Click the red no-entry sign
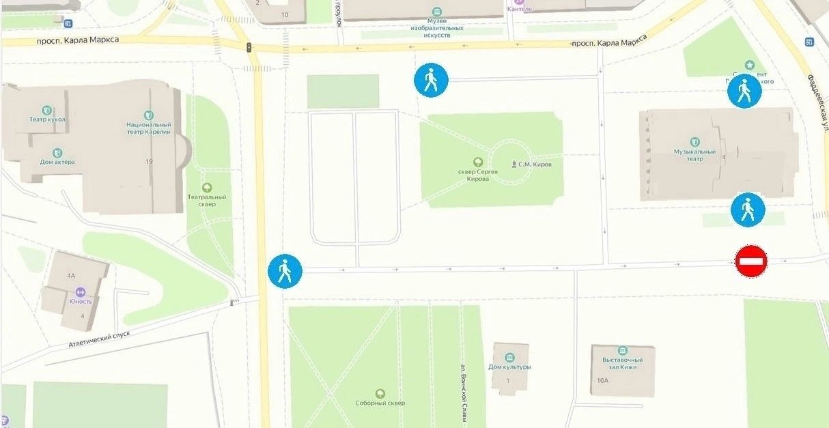coord(751,261)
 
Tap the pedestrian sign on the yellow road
coord(285,271)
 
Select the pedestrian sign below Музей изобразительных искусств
coord(431,81)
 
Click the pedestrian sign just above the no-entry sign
coord(748,210)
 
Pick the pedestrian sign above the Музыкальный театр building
coord(744,91)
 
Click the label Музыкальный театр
coord(694,155)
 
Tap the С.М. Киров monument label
coord(534,165)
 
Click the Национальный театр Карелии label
coord(148,129)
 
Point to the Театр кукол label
coord(47,119)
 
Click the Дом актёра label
coord(57,162)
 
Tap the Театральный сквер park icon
coord(206,188)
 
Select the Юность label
coord(81,301)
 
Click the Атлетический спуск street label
coord(99,339)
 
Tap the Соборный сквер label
coord(380,403)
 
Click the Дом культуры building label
coord(510,367)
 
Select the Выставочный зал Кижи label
coord(622,363)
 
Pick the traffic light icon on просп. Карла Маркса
coord(249,47)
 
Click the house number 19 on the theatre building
coord(149,162)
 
